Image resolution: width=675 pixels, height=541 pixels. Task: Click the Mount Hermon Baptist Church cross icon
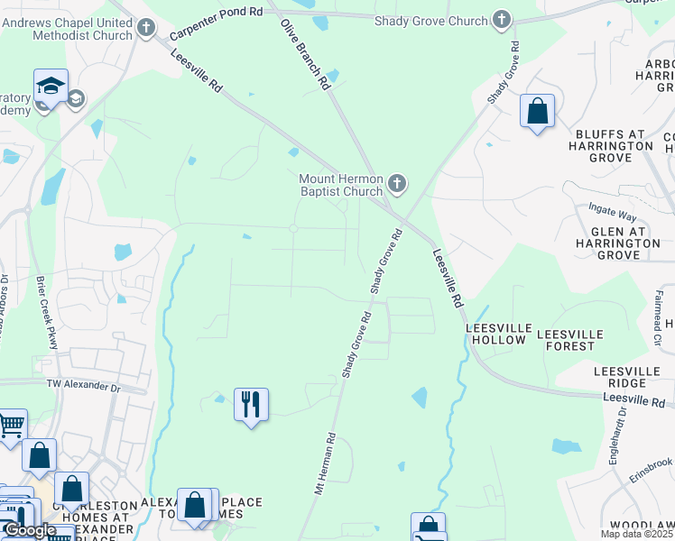(396, 186)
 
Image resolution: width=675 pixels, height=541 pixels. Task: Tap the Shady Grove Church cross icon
(502, 20)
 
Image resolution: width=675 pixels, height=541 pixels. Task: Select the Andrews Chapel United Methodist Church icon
(147, 28)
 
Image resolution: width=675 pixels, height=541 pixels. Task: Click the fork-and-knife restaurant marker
(251, 404)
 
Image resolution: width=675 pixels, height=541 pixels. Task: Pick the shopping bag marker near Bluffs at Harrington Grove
(537, 112)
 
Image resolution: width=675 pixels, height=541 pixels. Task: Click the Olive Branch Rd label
(304, 54)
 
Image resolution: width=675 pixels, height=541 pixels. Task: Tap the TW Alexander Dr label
(83, 385)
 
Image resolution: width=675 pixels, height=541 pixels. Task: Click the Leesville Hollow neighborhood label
(495, 334)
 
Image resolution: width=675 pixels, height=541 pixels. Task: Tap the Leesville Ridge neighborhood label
(632, 378)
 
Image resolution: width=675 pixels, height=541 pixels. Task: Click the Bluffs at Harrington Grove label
(614, 145)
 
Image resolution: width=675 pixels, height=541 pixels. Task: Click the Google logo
(30, 530)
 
